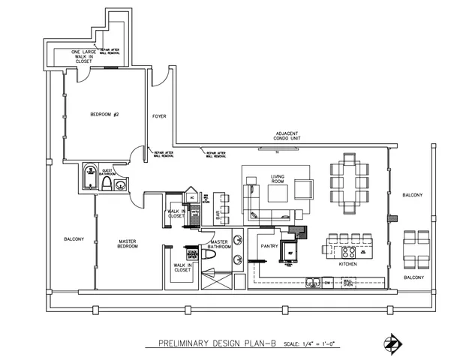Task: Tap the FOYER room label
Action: [159, 117]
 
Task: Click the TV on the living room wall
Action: [276, 148]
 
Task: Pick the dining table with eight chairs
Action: [349, 182]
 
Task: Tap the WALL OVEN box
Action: [347, 282]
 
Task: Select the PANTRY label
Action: [269, 245]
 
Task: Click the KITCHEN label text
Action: [347, 265]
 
